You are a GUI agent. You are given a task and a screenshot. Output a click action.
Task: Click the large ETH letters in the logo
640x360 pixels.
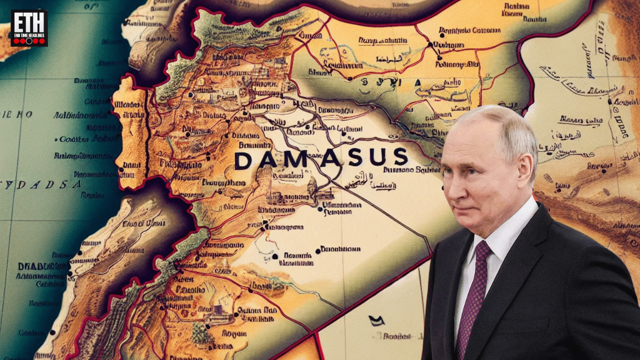pyautogui.click(x=29, y=23)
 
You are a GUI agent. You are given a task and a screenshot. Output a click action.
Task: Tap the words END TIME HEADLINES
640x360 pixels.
pyautogui.click(x=29, y=34)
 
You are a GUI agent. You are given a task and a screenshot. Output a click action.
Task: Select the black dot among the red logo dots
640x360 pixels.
pyautogui.click(x=29, y=41)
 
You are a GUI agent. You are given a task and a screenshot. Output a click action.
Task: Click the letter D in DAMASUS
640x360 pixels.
pyautogui.click(x=243, y=160)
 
